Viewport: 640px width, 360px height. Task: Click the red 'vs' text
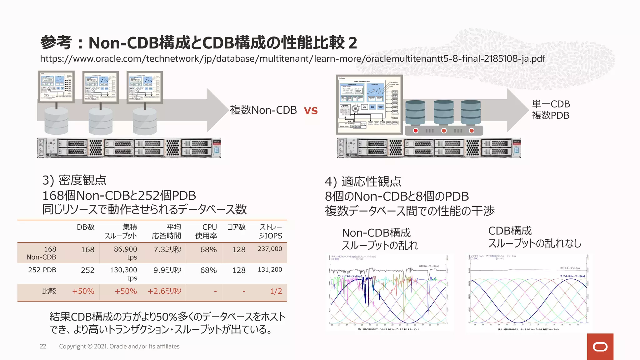click(311, 111)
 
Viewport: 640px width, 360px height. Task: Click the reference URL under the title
click(292, 59)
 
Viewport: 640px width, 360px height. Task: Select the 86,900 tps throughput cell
click(125, 253)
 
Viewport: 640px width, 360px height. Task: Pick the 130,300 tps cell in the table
click(123, 273)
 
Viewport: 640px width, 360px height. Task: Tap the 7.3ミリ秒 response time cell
click(167, 249)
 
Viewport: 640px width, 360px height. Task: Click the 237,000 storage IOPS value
click(270, 249)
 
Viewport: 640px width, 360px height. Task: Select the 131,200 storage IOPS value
click(270, 269)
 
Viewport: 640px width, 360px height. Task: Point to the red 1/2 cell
click(276, 291)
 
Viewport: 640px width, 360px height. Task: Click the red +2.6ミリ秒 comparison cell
click(164, 291)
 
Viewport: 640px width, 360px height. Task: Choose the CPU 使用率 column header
click(206, 231)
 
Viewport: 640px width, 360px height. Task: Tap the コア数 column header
click(236, 227)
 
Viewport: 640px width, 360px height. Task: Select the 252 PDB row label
click(42, 270)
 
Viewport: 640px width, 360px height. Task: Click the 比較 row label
click(49, 291)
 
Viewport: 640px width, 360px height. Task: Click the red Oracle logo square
click(600, 347)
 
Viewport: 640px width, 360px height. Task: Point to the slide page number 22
click(43, 346)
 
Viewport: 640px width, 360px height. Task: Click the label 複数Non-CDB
click(263, 110)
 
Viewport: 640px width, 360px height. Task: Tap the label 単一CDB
click(551, 104)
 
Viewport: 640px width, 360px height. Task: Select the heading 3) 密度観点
click(74, 180)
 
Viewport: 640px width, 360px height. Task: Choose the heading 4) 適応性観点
click(363, 182)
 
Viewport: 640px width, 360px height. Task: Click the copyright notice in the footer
click(119, 346)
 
